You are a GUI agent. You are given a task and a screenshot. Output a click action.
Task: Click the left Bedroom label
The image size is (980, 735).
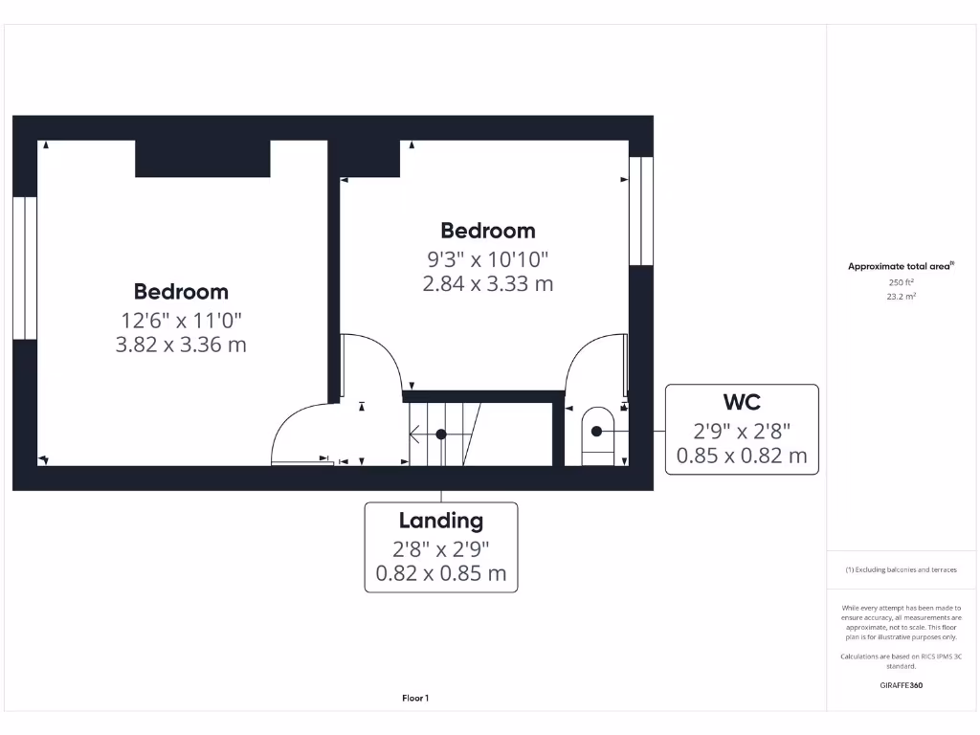(x=181, y=292)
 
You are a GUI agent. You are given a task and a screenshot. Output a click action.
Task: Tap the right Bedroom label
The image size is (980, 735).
(x=487, y=231)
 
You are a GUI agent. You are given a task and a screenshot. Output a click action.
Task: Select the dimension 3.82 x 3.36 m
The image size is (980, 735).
(x=181, y=345)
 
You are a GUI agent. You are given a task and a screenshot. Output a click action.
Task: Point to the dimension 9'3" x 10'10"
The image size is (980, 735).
(x=487, y=259)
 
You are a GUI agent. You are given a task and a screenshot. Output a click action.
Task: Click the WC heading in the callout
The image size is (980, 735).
(x=742, y=401)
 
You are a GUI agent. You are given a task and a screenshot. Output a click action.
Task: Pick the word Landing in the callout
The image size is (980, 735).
(x=441, y=522)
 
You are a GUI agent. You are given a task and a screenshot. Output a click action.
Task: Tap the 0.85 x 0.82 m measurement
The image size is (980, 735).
(x=742, y=457)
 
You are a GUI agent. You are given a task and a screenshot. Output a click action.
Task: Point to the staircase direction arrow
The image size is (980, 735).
(x=421, y=434)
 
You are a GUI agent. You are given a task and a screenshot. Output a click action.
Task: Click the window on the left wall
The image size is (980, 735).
(x=25, y=268)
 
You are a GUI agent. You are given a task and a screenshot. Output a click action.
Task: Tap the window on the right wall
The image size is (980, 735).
(x=641, y=211)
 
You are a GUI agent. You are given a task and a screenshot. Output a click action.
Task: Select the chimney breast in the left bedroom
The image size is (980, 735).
(x=202, y=159)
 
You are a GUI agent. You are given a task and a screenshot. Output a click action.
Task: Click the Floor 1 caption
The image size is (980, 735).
(x=415, y=699)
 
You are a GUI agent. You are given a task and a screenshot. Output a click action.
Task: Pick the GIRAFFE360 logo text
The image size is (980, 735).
(x=901, y=685)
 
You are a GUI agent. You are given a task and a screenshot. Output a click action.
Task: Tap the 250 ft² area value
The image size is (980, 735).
(x=901, y=282)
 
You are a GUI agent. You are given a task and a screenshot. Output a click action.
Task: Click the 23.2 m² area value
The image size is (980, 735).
(x=901, y=297)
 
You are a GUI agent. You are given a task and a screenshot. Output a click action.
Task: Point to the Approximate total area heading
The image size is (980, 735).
(x=901, y=267)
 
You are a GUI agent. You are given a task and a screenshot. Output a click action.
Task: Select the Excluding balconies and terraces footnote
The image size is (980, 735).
(x=901, y=569)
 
